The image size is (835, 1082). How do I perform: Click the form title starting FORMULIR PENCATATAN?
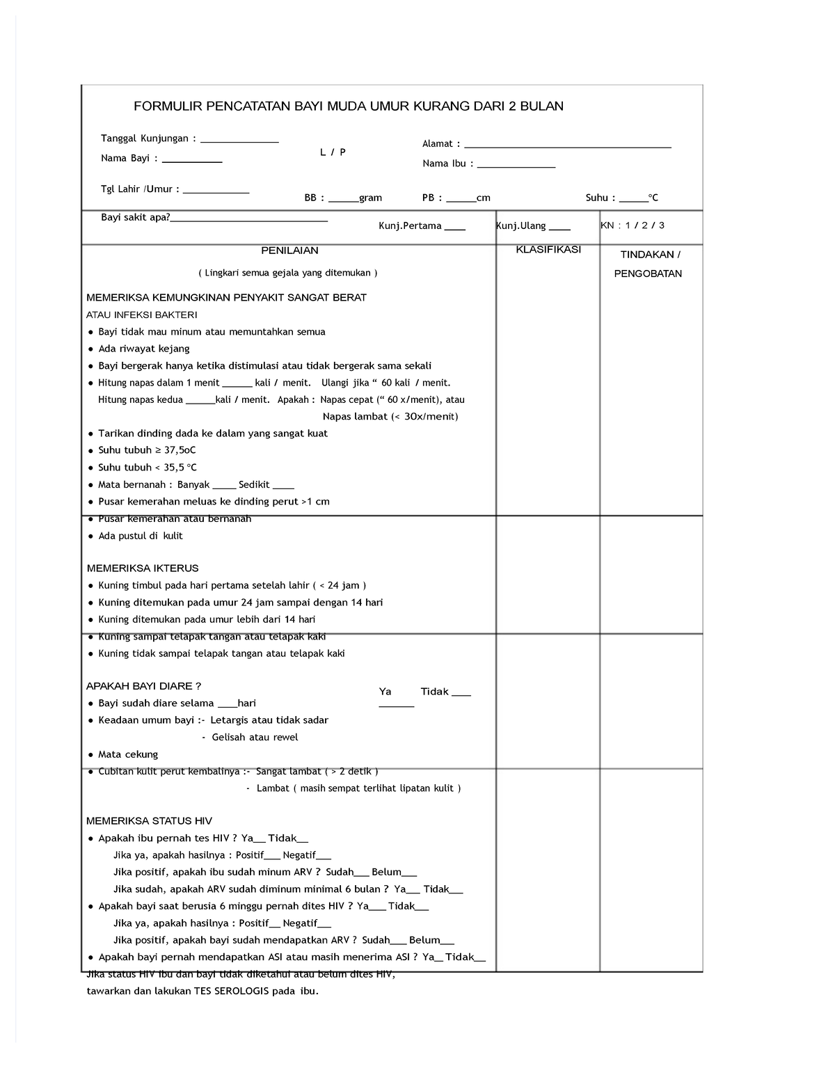[x=349, y=106]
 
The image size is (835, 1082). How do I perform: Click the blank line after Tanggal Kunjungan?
[x=239, y=141]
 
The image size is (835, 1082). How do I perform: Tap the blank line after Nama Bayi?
[x=192, y=161]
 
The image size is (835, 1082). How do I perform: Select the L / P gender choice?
[x=333, y=152]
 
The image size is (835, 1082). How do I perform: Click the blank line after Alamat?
[x=567, y=147]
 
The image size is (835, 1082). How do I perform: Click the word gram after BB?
[x=370, y=198]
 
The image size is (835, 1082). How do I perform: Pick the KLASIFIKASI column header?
[x=548, y=250]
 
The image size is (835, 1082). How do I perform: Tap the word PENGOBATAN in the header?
[x=648, y=274]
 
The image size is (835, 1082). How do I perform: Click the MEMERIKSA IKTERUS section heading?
[x=143, y=568]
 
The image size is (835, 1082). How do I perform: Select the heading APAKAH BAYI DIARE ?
[x=143, y=686]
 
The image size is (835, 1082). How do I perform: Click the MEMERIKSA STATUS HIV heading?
[x=149, y=821]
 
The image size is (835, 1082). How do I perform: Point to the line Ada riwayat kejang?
[x=144, y=349]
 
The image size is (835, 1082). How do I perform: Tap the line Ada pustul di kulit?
[x=141, y=536]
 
